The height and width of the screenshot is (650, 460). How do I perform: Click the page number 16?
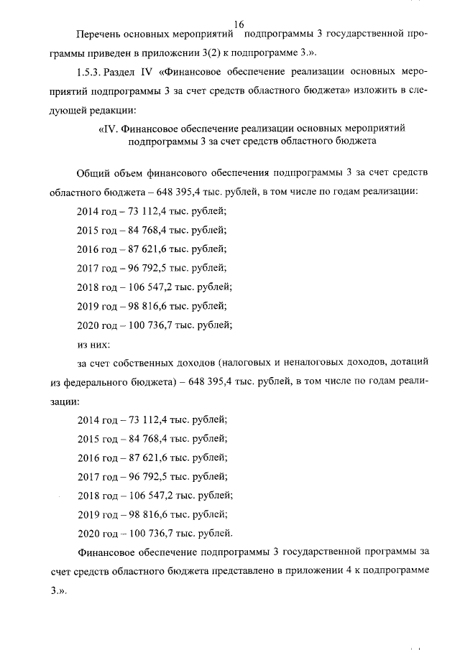click(239, 24)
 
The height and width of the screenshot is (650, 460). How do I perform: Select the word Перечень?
click(98, 34)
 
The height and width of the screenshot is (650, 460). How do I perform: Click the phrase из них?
click(92, 343)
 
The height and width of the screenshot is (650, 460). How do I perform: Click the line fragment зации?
click(66, 399)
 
